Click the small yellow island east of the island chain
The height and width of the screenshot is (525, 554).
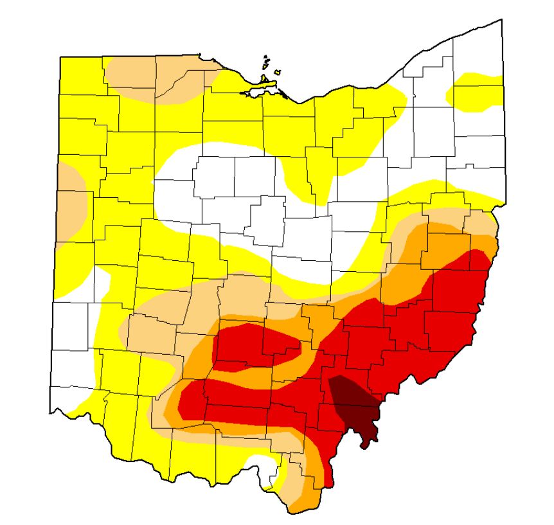(x=278, y=72)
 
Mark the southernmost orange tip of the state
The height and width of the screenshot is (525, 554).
(x=296, y=508)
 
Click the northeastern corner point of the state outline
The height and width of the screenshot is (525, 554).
(x=501, y=20)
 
